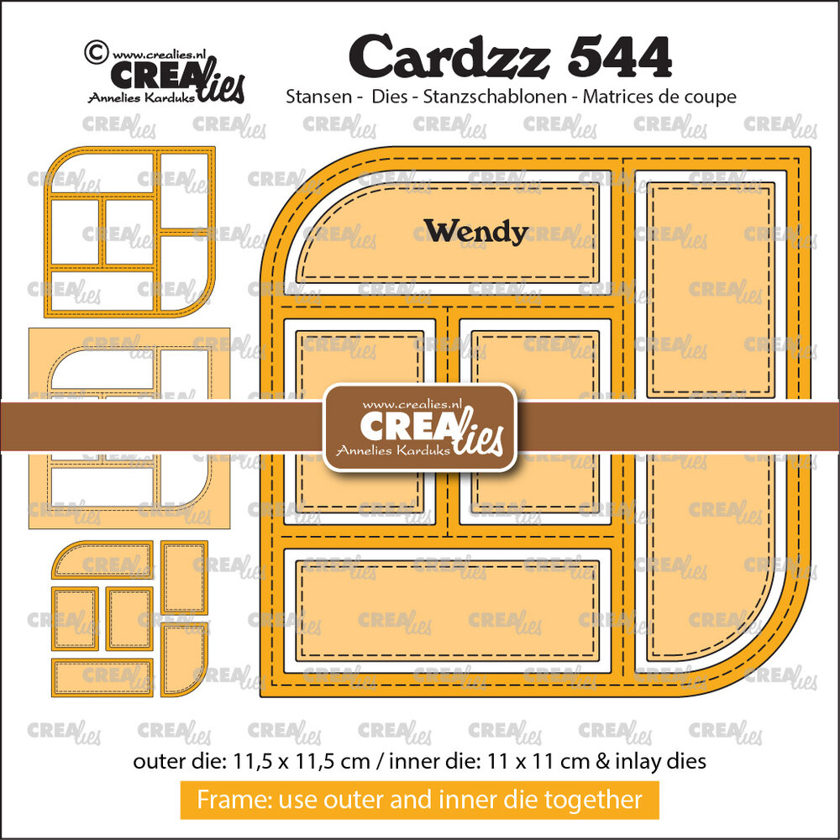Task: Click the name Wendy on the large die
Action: coord(475,231)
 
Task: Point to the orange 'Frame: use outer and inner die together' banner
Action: coord(419,800)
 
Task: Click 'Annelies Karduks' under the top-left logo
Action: coord(139,97)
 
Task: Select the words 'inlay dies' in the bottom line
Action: coord(668,762)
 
